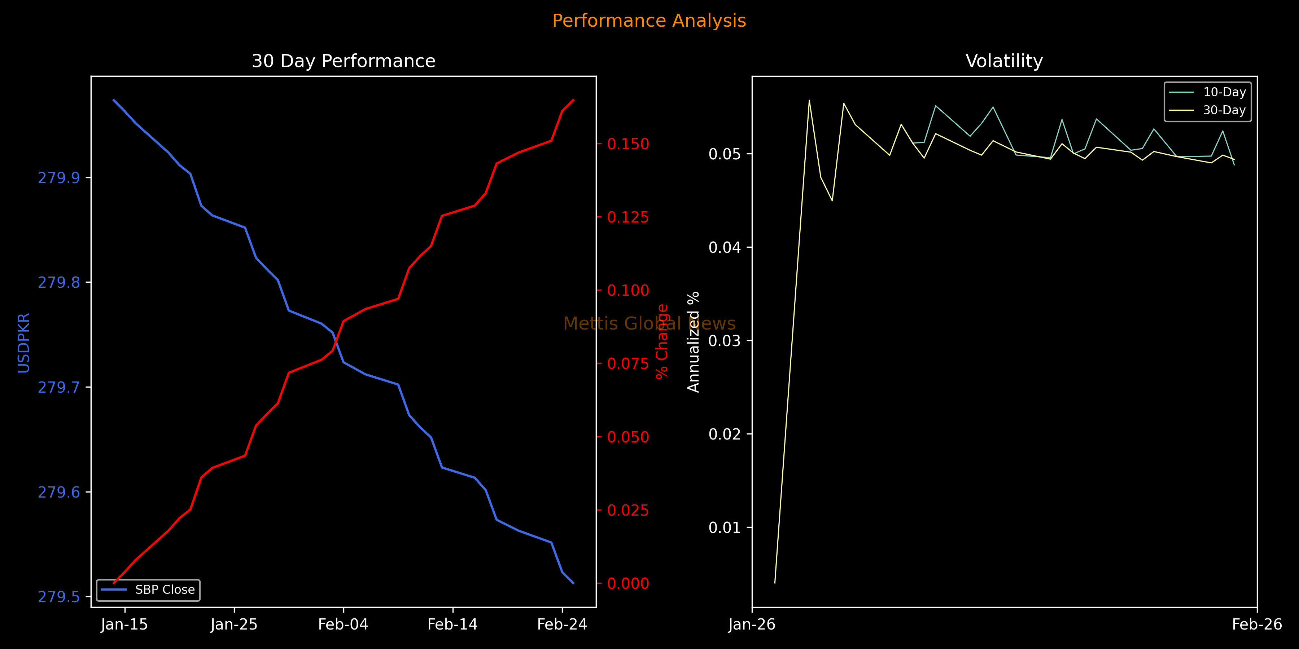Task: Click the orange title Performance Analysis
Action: (649, 21)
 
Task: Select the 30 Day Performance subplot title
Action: (344, 61)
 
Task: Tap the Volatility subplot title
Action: (1004, 61)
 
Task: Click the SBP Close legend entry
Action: (165, 590)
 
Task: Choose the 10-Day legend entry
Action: (1224, 92)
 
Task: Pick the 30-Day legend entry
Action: (1224, 110)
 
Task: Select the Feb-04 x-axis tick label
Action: (344, 625)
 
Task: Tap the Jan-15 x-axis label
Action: (124, 625)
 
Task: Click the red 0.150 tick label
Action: (628, 144)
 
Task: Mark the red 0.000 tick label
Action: (628, 583)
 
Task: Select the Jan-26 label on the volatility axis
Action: (752, 625)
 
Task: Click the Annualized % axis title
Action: (694, 342)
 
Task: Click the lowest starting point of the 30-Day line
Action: (775, 583)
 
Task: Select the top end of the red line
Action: (573, 100)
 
